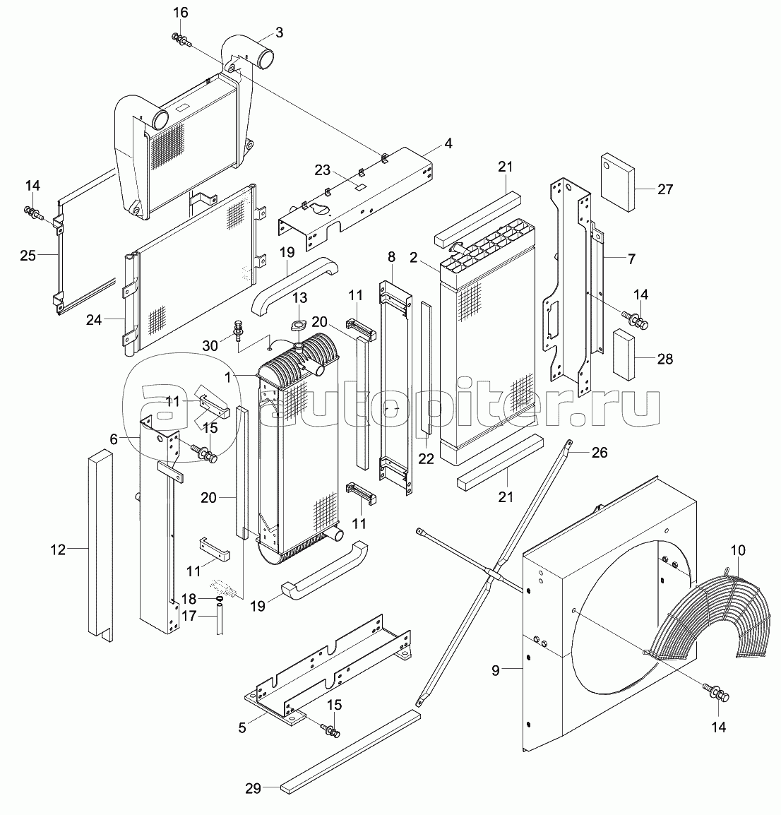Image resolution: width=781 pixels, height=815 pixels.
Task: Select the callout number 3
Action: pyautogui.click(x=280, y=32)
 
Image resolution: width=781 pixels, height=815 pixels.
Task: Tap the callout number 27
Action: pyautogui.click(x=664, y=189)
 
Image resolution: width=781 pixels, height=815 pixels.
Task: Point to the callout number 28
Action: pyautogui.click(x=664, y=359)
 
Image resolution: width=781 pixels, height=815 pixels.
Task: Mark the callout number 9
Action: pyautogui.click(x=496, y=670)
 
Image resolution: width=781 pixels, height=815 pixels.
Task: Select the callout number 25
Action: pyautogui.click(x=28, y=255)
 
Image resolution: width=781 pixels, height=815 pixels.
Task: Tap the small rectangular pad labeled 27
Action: pyautogui.click(x=616, y=182)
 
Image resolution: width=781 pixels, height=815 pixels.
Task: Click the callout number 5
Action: pyautogui.click(x=242, y=727)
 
